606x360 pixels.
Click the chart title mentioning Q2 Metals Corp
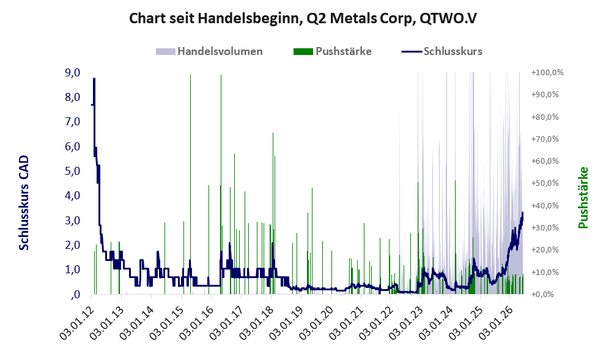point(303,18)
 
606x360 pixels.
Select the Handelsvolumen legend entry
point(209,51)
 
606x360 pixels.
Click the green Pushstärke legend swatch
point(303,51)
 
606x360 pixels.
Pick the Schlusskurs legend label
point(453,51)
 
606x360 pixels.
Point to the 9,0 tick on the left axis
point(72,72)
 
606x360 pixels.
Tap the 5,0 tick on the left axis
point(72,171)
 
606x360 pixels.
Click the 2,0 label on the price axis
point(72,245)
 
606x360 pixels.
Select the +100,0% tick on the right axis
point(547,72)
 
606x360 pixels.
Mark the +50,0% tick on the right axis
point(545,183)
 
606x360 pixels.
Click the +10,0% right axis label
point(545,272)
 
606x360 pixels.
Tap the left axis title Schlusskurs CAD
point(24,203)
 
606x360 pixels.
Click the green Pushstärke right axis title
point(583,197)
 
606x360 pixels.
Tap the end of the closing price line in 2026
point(522,213)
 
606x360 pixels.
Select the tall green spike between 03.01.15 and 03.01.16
point(191,184)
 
